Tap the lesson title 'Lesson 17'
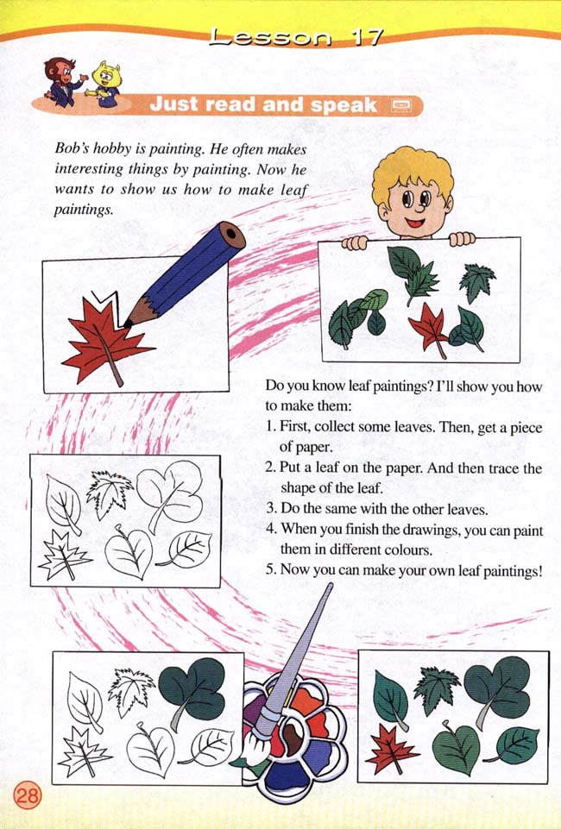pyautogui.click(x=296, y=37)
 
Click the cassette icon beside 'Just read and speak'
pyautogui.click(x=402, y=105)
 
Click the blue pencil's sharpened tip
pyautogui.click(x=130, y=321)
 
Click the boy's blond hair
pyautogui.click(x=412, y=172)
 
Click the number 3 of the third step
pyautogui.click(x=270, y=507)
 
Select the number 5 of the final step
pyautogui.click(x=270, y=569)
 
